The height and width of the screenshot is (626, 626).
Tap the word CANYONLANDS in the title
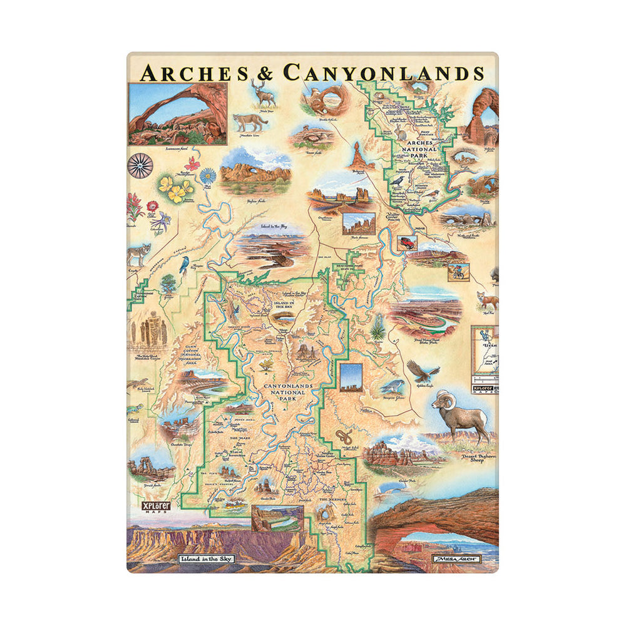point(383,73)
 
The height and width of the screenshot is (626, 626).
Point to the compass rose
point(140,165)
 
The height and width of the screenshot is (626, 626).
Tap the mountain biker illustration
point(456,272)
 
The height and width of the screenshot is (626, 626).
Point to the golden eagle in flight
point(419,371)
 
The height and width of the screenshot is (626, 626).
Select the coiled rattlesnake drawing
point(343,436)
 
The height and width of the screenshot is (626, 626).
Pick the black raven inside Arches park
point(397,182)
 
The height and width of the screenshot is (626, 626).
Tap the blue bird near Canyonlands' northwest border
point(184,266)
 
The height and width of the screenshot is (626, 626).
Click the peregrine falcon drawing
point(392,386)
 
